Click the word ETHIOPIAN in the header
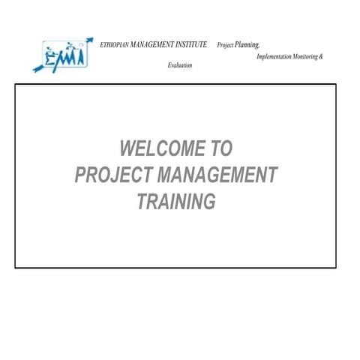(x=113, y=45)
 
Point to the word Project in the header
(x=225, y=46)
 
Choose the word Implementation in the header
(x=274, y=57)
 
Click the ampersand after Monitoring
(x=321, y=57)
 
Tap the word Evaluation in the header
(x=180, y=66)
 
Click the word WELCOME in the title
(x=157, y=147)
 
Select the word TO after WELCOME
(x=220, y=147)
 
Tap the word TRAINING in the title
(x=177, y=202)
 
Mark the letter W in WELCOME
(x=127, y=147)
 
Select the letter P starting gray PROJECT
(x=81, y=175)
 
